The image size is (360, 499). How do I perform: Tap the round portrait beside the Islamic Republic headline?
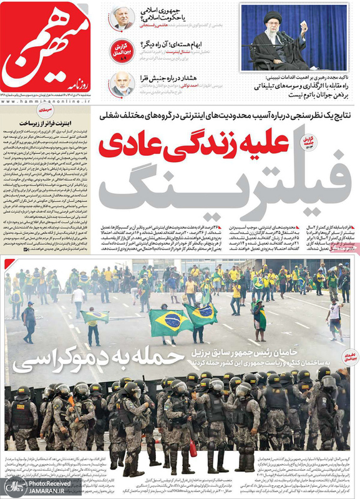point(121,18)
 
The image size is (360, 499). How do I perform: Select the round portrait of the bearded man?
point(120,84)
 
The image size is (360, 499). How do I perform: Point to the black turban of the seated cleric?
point(273,16)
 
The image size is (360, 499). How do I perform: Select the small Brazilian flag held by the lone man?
point(94,317)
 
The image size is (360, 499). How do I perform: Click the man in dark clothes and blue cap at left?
point(29,321)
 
